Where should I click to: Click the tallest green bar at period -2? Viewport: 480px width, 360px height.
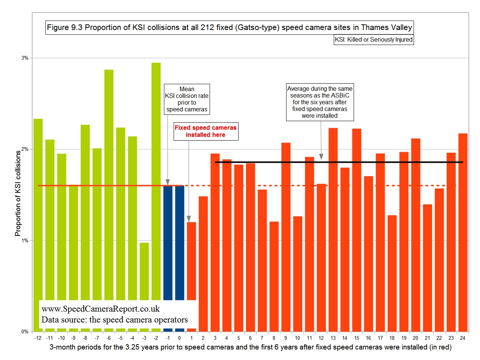156,180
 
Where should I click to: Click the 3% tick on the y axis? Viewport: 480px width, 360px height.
25,58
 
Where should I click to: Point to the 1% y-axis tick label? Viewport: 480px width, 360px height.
25,240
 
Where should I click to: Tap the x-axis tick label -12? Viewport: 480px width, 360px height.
38,338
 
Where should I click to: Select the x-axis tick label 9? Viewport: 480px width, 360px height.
286,338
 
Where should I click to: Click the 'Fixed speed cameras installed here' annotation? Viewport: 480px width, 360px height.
205,131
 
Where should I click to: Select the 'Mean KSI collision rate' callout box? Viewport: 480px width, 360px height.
187,99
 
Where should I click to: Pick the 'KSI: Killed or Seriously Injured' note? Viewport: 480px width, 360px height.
373,39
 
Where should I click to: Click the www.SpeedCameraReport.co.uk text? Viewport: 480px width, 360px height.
100,309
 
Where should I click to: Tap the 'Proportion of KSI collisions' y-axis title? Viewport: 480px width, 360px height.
18,193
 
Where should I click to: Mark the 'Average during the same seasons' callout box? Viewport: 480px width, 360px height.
319,102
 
